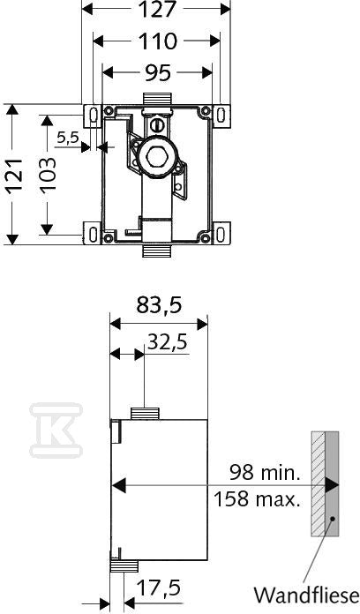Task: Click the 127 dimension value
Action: point(156,10)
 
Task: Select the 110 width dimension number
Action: point(156,41)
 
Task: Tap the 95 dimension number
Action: point(158,72)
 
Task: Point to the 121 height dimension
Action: point(14,175)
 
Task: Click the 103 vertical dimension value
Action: point(49,174)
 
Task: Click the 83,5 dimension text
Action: point(159,305)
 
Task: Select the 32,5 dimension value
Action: point(167,342)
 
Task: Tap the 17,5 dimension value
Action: point(158,588)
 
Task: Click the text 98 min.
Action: point(265,473)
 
